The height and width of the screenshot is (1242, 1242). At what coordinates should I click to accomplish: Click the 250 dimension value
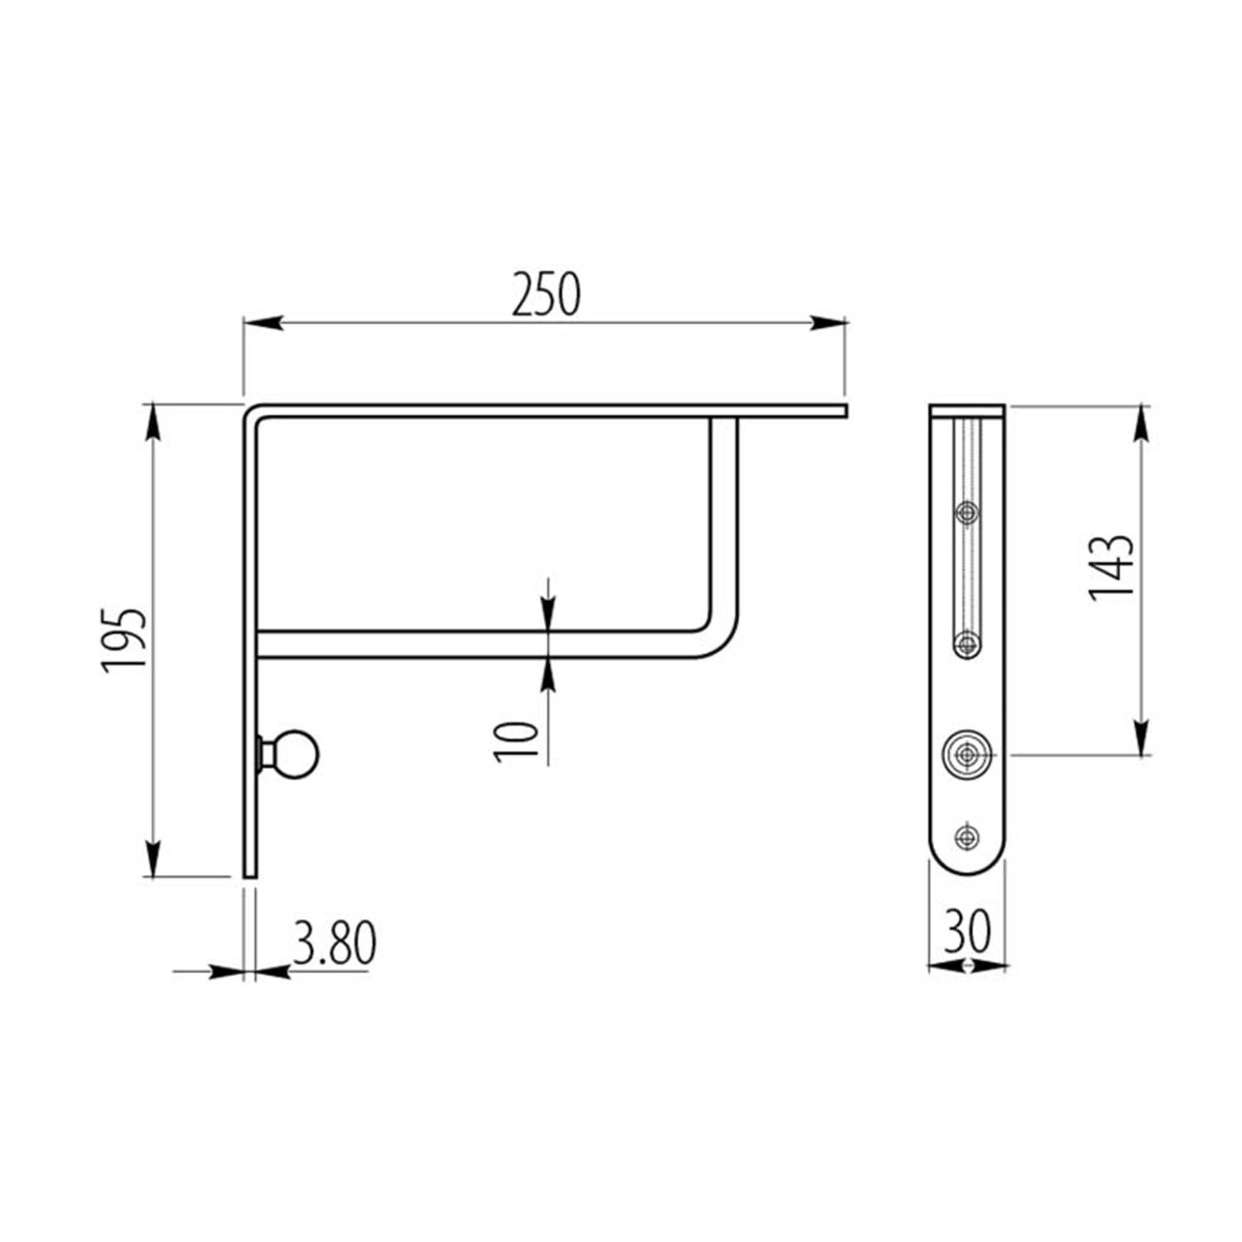click(x=546, y=295)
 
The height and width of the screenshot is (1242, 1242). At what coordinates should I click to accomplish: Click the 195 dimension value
click(x=125, y=640)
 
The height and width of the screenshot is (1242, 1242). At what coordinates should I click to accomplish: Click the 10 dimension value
click(x=515, y=742)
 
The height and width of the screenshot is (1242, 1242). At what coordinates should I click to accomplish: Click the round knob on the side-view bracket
click(x=299, y=754)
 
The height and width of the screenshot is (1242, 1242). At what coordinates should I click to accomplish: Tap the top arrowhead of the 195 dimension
click(x=153, y=422)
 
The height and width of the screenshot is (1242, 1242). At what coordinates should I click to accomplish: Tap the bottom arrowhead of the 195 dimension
click(x=153, y=858)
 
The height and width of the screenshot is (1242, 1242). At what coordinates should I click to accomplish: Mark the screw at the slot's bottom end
click(x=967, y=643)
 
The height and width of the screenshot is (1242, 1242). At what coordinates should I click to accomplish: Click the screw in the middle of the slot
click(x=967, y=513)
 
